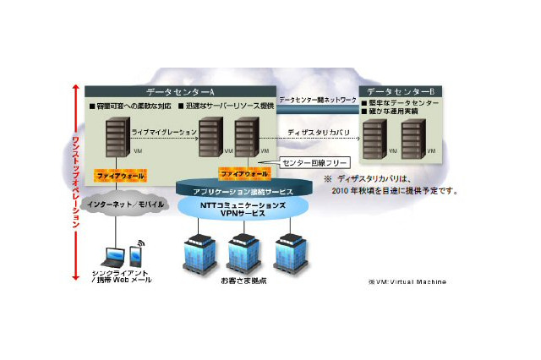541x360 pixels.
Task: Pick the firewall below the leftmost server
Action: pos(122,174)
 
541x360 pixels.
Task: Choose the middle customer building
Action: pos(245,248)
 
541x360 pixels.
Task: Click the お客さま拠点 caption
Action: pos(245,280)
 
